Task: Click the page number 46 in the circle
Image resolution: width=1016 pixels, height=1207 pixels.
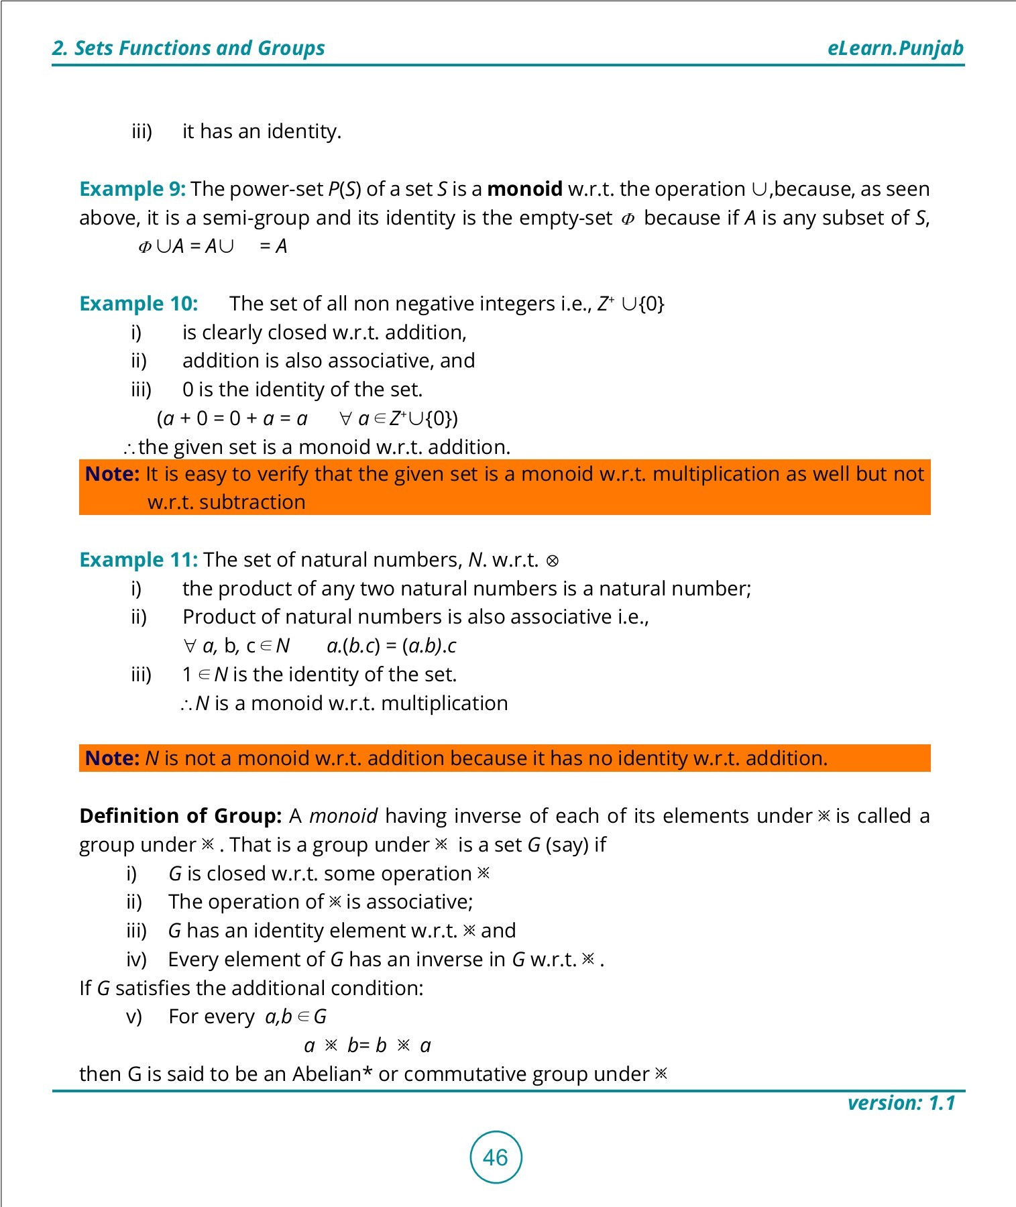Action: [496, 1157]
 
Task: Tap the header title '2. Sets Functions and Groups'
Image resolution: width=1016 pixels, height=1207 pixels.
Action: [188, 48]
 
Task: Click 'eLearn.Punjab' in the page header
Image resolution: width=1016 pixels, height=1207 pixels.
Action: [895, 48]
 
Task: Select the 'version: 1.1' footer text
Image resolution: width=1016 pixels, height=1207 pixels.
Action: [901, 1103]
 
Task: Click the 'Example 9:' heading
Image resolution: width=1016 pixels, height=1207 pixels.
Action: [132, 189]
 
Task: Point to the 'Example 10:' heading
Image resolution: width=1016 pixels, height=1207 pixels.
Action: [138, 304]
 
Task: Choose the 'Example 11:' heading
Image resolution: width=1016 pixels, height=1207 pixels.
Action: [138, 560]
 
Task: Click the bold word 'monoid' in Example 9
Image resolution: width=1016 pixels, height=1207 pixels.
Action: [524, 189]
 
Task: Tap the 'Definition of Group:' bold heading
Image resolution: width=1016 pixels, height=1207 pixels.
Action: [180, 816]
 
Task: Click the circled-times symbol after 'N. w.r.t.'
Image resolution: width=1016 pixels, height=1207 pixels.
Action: [553, 561]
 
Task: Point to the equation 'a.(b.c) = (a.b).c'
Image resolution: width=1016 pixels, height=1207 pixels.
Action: [391, 646]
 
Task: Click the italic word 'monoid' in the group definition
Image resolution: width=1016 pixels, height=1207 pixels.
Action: [343, 816]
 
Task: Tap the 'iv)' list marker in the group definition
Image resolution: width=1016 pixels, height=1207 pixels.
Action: [136, 960]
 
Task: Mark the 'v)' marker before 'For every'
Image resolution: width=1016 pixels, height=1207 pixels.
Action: [134, 1017]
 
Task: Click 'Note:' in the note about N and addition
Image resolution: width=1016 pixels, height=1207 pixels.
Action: [112, 758]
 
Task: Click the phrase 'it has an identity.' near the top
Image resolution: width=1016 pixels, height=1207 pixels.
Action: [262, 131]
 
